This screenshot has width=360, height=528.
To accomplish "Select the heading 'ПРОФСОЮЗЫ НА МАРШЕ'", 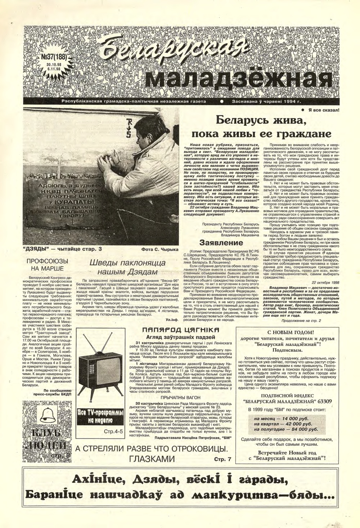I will [x=49, y=265].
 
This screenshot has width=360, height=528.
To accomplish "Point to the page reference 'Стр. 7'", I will [x=223, y=459].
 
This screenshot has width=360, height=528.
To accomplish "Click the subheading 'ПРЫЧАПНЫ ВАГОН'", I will [x=179, y=397].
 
